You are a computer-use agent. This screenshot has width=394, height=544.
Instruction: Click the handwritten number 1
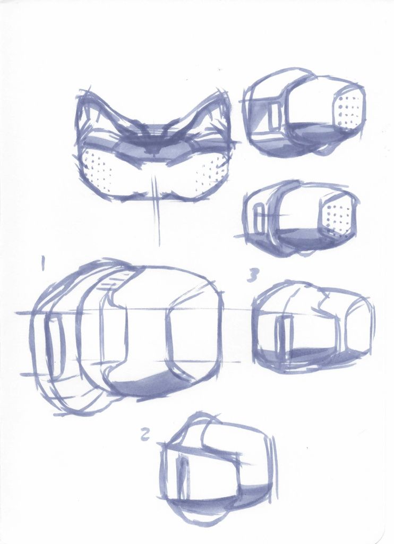[x=43, y=263]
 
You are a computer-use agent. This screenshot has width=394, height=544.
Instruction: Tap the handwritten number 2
[x=145, y=435]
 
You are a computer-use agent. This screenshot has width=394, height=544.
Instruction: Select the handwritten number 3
[x=253, y=276]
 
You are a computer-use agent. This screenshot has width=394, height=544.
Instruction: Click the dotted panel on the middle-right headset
[x=336, y=216]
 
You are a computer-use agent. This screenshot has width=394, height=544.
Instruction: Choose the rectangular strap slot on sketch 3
[x=285, y=333]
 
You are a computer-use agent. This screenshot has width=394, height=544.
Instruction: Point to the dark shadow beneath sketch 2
[x=208, y=501]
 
